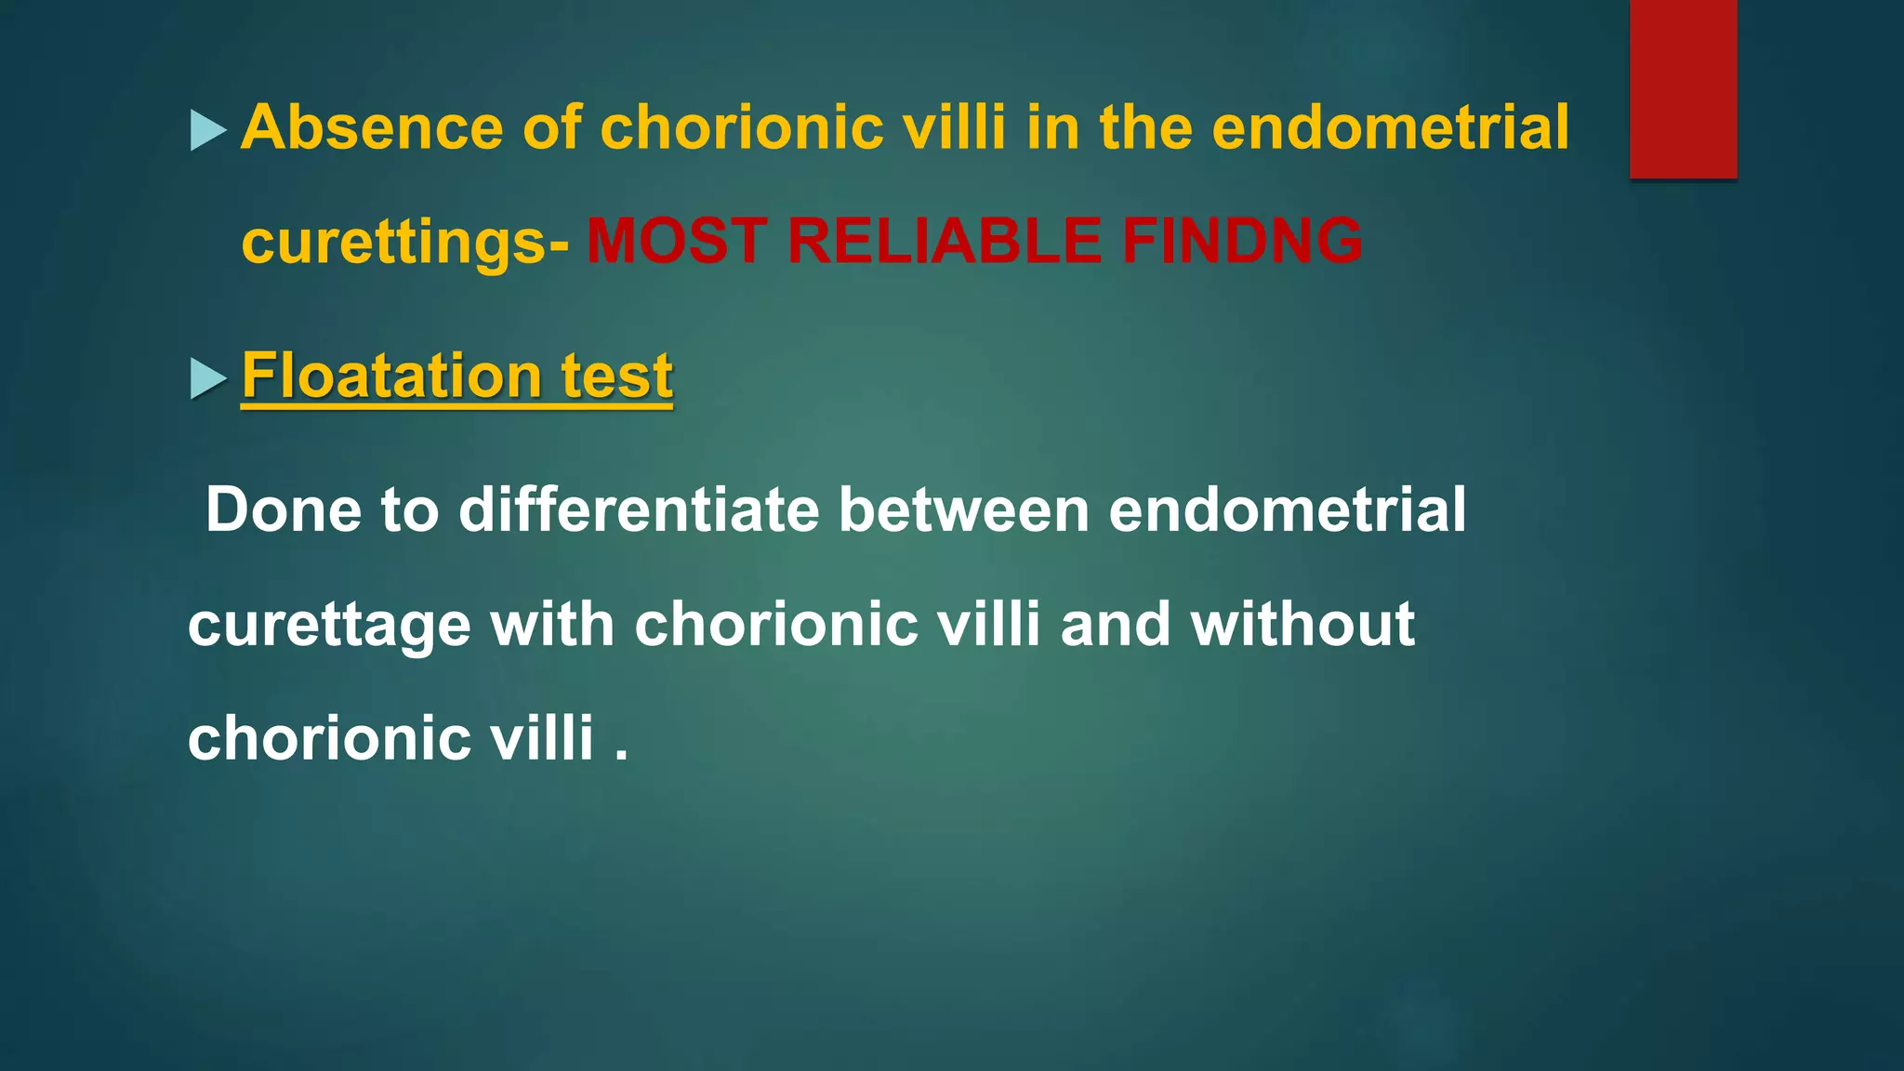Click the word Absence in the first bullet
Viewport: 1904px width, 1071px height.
pyautogui.click(x=370, y=127)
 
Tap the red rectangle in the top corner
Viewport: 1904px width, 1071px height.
pyautogui.click(x=1683, y=88)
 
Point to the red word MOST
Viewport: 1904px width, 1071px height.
pyautogui.click(x=677, y=241)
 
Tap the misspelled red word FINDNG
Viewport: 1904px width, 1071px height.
pyautogui.click(x=1242, y=241)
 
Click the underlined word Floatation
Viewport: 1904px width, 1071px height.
pyautogui.click(x=390, y=376)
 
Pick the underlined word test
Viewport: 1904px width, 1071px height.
pyautogui.click(x=616, y=376)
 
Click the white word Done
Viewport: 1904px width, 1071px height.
pyautogui.click(x=283, y=510)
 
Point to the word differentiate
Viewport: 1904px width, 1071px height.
pyautogui.click(x=639, y=510)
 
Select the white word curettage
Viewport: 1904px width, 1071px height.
pyautogui.click(x=329, y=625)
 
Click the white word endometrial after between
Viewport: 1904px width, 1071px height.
pyautogui.click(x=1287, y=510)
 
